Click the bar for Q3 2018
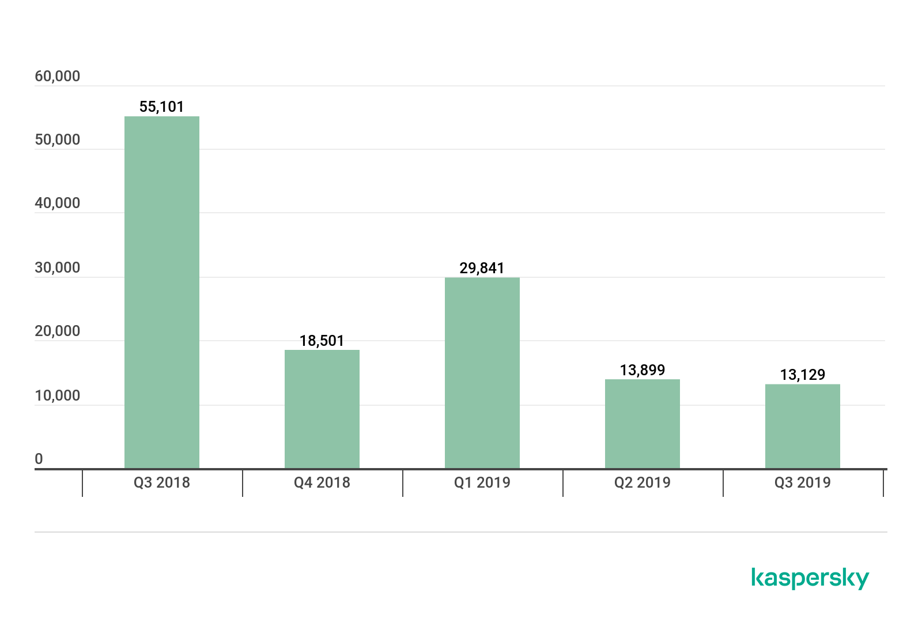point(162,292)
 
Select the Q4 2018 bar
point(322,409)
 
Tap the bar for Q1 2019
point(482,373)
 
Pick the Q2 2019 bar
point(643,424)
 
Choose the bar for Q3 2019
point(803,427)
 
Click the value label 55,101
point(162,107)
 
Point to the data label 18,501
point(322,341)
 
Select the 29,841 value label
point(482,268)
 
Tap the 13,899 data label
point(643,370)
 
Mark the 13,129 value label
point(803,375)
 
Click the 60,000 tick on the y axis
point(58,76)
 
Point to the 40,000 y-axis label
point(58,203)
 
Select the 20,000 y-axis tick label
point(58,331)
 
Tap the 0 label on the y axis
point(39,459)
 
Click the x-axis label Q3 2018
point(162,482)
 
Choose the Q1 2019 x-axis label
point(482,482)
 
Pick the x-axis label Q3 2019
point(803,482)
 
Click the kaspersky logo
point(810,578)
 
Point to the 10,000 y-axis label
point(58,395)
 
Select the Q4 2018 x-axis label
point(322,482)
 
